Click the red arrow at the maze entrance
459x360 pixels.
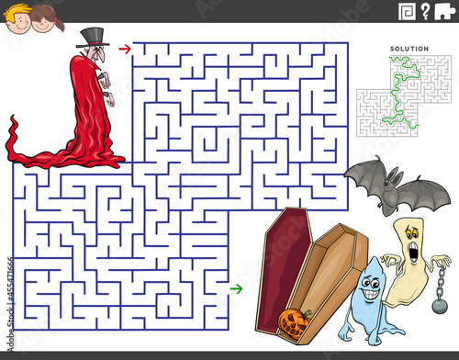125,49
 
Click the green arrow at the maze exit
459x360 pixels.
236,288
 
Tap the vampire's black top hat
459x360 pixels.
93,38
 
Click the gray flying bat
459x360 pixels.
397,186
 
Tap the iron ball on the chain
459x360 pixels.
440,306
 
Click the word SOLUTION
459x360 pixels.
409,49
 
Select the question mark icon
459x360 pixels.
425,12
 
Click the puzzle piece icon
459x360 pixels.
444,11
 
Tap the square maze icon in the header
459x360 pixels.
407,12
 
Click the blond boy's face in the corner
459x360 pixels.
17,20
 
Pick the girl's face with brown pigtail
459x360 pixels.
43,21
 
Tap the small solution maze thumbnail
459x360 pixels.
404,96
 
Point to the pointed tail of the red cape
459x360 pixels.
13,118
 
